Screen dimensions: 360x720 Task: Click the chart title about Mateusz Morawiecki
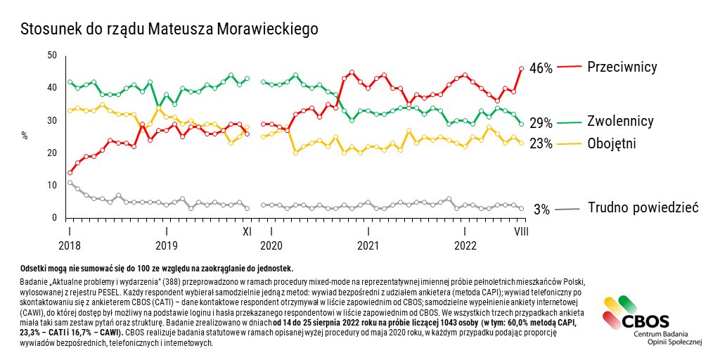pos(169,30)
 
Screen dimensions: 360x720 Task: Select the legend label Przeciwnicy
pos(622,67)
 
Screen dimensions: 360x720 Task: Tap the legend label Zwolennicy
pos(620,122)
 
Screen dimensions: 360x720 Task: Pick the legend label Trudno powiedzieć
pos(642,207)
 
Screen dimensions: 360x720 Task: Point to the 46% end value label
pos(541,68)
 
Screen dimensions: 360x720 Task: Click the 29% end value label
pos(541,123)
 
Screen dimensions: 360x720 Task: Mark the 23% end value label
pos(541,143)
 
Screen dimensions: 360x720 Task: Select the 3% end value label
pos(541,209)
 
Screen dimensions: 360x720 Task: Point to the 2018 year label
pos(70,245)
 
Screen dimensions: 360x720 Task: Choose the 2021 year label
pos(368,245)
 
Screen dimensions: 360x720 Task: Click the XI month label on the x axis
pos(247,231)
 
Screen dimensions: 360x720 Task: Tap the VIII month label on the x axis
pos(521,231)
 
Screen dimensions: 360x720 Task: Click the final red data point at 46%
pos(521,68)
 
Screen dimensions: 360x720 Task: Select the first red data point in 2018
pos(70,172)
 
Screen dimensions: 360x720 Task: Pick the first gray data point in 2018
pos(70,182)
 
